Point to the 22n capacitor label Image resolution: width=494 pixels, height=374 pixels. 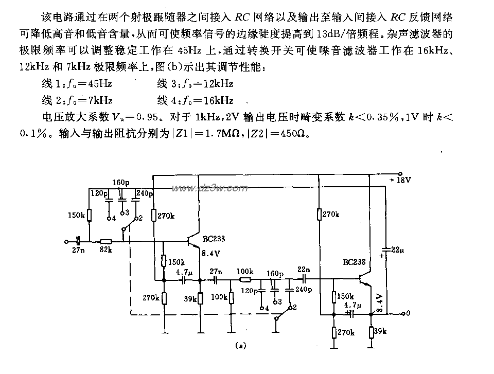304,270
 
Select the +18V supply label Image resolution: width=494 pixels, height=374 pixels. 401,181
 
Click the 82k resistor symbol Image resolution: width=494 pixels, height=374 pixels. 107,241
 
